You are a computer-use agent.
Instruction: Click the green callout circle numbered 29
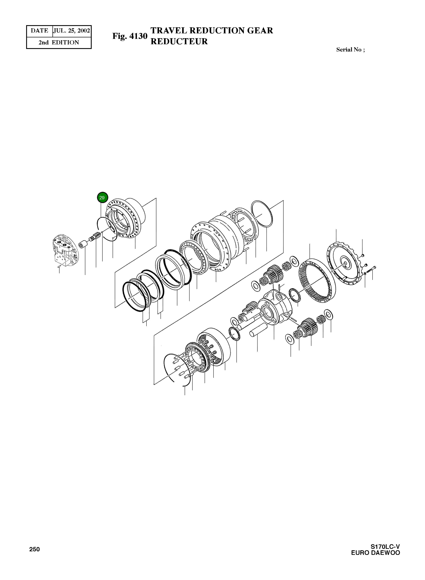point(102,198)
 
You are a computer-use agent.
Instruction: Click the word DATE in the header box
point(39,31)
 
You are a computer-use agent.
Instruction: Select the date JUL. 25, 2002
point(72,31)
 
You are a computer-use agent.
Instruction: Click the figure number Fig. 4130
point(130,36)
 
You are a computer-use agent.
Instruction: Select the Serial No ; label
point(350,50)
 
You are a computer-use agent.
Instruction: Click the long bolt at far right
point(371,269)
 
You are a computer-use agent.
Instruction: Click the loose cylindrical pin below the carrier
point(258,331)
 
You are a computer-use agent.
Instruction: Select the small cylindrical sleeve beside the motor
point(83,244)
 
